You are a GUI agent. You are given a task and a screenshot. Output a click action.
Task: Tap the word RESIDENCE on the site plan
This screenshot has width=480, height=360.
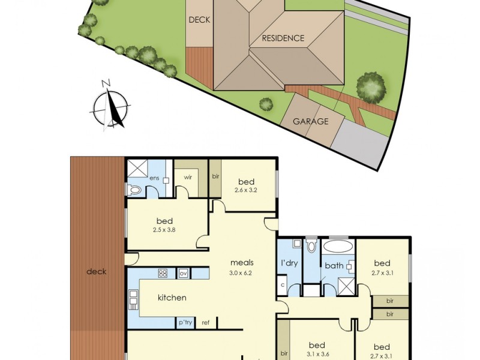point(283,38)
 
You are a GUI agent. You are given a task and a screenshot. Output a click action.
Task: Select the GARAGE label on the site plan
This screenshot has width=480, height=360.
point(310,121)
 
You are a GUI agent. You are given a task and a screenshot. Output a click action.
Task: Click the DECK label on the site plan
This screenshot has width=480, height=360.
point(199,20)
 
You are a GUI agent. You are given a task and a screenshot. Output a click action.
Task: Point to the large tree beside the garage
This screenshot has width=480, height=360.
point(370,86)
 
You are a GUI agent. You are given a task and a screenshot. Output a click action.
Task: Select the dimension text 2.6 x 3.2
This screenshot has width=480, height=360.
point(246,192)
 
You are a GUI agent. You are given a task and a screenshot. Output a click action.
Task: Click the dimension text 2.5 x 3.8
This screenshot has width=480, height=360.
point(164,230)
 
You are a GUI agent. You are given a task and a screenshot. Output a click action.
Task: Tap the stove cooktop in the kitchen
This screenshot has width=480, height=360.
point(163,274)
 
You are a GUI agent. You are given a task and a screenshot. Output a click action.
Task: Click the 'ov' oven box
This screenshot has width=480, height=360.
point(183,274)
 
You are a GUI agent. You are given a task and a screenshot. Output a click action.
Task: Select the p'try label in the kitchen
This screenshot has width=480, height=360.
point(184,323)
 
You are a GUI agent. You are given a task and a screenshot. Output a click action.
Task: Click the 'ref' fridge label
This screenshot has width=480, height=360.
point(205,323)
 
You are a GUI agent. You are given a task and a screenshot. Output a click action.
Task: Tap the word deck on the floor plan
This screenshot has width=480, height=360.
point(96,271)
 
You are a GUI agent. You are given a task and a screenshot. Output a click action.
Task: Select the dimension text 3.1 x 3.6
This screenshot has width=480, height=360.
point(316,355)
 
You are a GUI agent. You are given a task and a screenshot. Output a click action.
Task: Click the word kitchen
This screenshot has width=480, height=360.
point(172,298)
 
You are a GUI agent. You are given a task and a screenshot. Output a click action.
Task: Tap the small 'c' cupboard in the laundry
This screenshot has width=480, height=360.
point(283,284)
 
